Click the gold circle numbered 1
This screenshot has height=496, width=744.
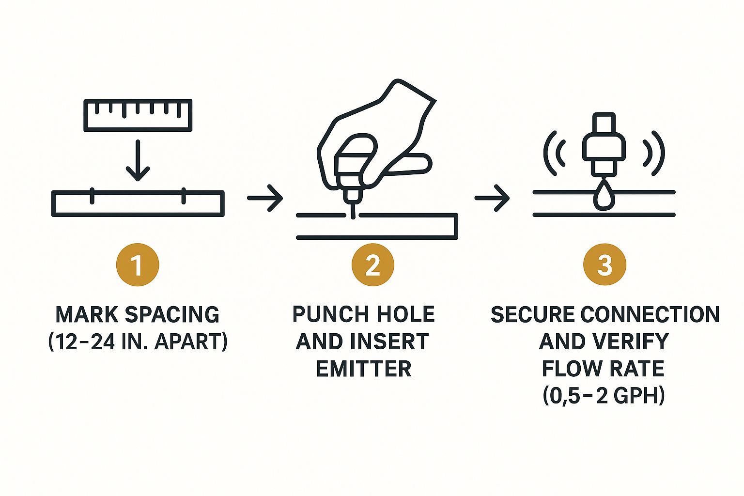tap(138, 265)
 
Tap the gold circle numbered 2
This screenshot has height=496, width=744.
tap(372, 265)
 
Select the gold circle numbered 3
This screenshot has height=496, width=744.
tap(604, 265)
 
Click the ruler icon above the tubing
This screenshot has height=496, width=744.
tap(138, 115)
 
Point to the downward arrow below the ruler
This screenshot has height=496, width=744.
tap(138, 160)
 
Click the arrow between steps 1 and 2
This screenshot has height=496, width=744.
tap(265, 198)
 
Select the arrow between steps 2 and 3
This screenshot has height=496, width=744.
tap(492, 198)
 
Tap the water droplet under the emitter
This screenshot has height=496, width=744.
tap(604, 196)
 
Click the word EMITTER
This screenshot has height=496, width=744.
tap(364, 369)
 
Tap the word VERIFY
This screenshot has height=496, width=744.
tap(628, 341)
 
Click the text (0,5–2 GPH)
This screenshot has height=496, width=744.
tap(604, 396)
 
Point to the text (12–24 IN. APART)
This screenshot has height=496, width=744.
tap(138, 342)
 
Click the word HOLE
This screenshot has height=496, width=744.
tap(406, 314)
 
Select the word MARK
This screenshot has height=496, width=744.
tap(87, 314)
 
